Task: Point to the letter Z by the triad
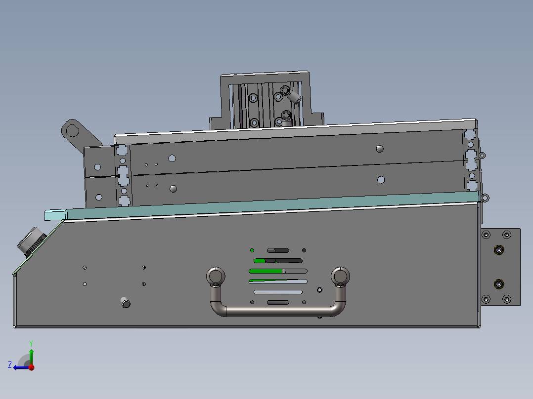pos(10,365)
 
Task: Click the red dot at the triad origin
pos(31,367)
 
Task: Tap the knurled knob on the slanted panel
pos(31,241)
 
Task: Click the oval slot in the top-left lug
pos(73,130)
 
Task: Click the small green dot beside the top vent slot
pos(252,250)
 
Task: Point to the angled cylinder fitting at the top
pos(295,97)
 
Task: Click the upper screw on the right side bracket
pos(499,250)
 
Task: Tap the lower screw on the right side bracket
pos(499,284)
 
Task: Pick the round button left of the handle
pos(126,303)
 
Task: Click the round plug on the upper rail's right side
pos(380,149)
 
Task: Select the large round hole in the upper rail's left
pos(172,159)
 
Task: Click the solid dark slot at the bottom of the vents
pos(278,302)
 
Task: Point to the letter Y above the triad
pos(31,342)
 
